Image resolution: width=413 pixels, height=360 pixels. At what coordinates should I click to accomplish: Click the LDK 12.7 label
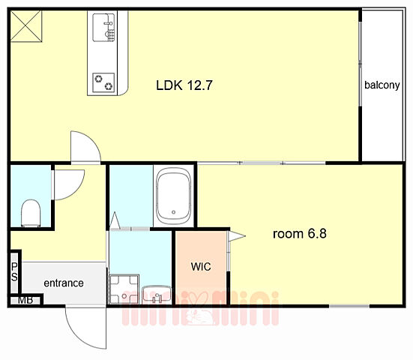184,85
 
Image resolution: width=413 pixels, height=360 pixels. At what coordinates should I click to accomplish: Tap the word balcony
382,85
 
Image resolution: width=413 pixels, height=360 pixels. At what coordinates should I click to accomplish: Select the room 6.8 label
300,234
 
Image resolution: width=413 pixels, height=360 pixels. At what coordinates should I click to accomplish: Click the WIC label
201,267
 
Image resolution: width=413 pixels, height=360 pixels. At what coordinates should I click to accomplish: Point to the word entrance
64,283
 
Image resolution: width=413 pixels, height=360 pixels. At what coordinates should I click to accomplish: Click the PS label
14,272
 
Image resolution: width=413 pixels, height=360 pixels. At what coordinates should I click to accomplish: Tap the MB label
25,300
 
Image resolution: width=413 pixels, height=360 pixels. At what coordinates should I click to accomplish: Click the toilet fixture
31,213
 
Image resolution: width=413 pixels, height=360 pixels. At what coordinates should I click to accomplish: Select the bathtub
173,196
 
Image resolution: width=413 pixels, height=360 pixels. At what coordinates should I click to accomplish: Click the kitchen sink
103,28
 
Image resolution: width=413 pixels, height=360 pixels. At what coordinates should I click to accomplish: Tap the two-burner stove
103,82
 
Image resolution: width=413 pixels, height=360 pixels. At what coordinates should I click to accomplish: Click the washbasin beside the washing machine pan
156,295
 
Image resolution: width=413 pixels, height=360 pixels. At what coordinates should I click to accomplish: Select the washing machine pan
124,289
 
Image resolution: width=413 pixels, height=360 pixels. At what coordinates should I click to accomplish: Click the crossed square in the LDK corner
26,26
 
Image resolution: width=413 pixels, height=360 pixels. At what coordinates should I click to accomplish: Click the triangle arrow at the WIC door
237,235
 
